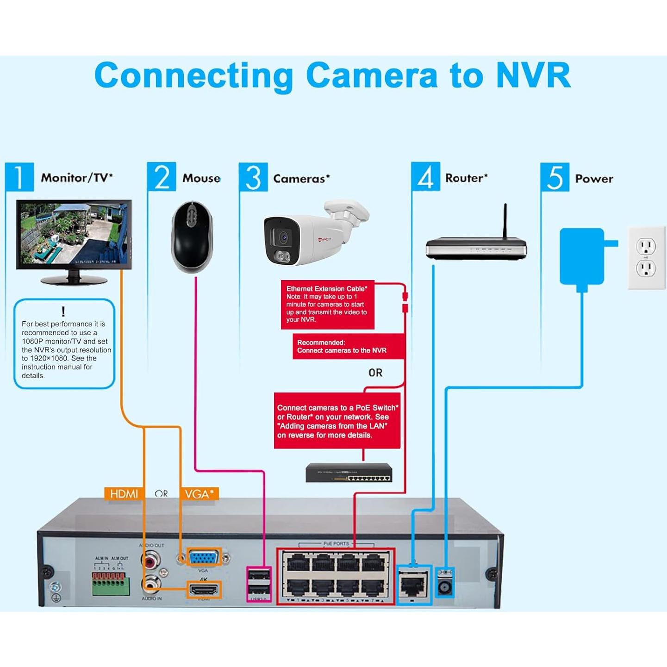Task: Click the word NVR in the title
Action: point(533,75)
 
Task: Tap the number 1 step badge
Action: point(19,176)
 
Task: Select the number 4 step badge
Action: point(425,176)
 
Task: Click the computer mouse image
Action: point(192,237)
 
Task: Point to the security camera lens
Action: point(283,237)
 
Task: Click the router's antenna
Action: point(505,221)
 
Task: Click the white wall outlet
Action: point(646,257)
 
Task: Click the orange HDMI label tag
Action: point(124,494)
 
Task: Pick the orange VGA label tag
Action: point(199,494)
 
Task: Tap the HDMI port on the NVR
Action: point(203,590)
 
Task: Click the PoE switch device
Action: point(349,473)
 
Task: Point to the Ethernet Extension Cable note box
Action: point(327,304)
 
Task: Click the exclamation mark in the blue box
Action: point(63,312)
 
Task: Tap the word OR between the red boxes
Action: point(375,373)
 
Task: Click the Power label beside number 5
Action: point(594,179)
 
